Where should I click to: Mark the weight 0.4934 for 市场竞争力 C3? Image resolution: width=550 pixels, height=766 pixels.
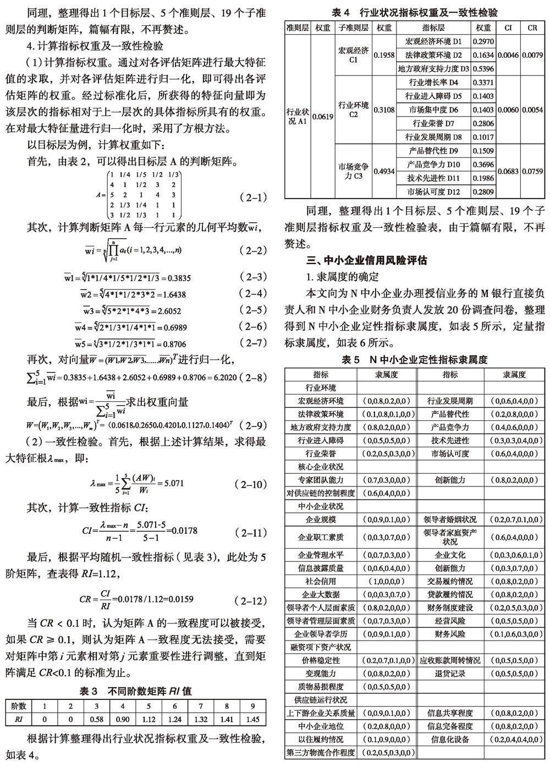click(384, 172)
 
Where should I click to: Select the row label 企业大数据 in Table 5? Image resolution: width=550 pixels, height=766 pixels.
click(321, 594)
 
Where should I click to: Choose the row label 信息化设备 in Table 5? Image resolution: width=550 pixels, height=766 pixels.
click(450, 739)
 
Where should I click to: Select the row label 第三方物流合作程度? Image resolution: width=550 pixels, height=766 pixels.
click(321, 752)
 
